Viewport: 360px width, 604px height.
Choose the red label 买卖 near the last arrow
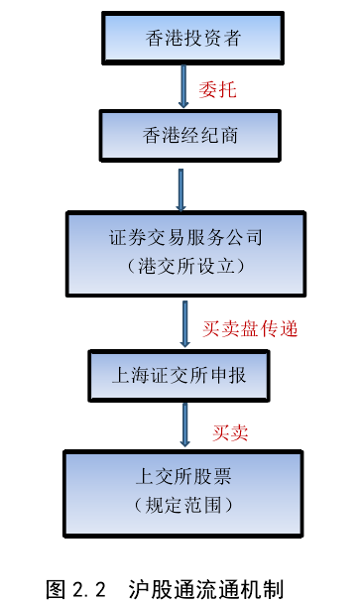[x=230, y=431]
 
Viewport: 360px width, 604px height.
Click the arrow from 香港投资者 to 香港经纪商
[x=183, y=86]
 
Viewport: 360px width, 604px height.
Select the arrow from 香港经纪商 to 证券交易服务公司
[x=181, y=187]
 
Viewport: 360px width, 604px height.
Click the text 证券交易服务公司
[x=184, y=239]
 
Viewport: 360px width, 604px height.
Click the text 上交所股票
[x=184, y=479]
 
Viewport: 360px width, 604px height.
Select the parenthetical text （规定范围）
[x=184, y=505]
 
